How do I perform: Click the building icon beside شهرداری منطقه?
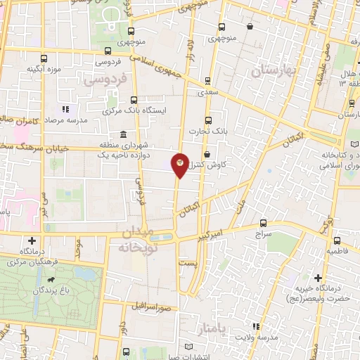click(x=124, y=134)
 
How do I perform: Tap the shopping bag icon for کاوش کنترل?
click(x=206, y=154)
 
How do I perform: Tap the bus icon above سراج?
click(x=263, y=221)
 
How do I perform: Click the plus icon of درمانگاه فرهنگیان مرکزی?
click(x=32, y=240)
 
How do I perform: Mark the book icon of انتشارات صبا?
click(x=187, y=347)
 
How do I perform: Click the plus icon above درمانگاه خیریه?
click(x=319, y=278)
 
